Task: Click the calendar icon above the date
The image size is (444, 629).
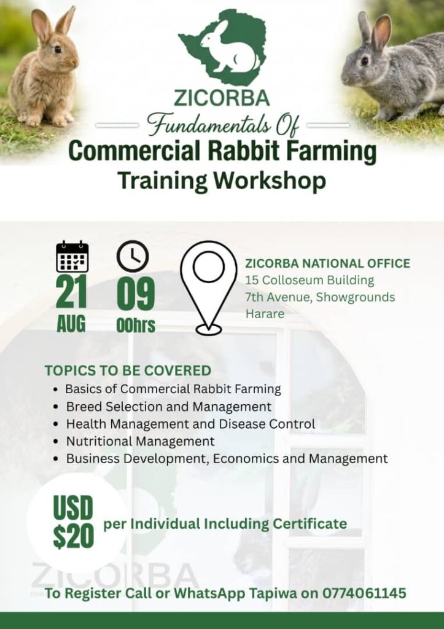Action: [x=72, y=257]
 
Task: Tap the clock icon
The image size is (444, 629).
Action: [x=133, y=256]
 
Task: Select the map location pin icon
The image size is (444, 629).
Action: [x=209, y=287]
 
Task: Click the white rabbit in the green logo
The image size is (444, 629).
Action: [x=227, y=48]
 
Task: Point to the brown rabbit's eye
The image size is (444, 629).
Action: [x=58, y=49]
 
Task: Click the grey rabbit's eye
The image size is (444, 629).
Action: [x=365, y=61]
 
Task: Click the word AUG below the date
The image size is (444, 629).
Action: [x=71, y=324]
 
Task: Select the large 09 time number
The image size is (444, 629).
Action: [x=136, y=293]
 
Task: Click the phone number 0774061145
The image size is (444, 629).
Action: [x=364, y=593]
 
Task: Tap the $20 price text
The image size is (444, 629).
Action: [x=74, y=536]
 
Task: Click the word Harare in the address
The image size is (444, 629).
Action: [x=265, y=314]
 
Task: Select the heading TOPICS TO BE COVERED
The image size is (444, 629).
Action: [x=128, y=370]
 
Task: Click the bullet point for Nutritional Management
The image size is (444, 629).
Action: [x=57, y=442]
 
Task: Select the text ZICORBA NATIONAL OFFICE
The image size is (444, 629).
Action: [x=328, y=264]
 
